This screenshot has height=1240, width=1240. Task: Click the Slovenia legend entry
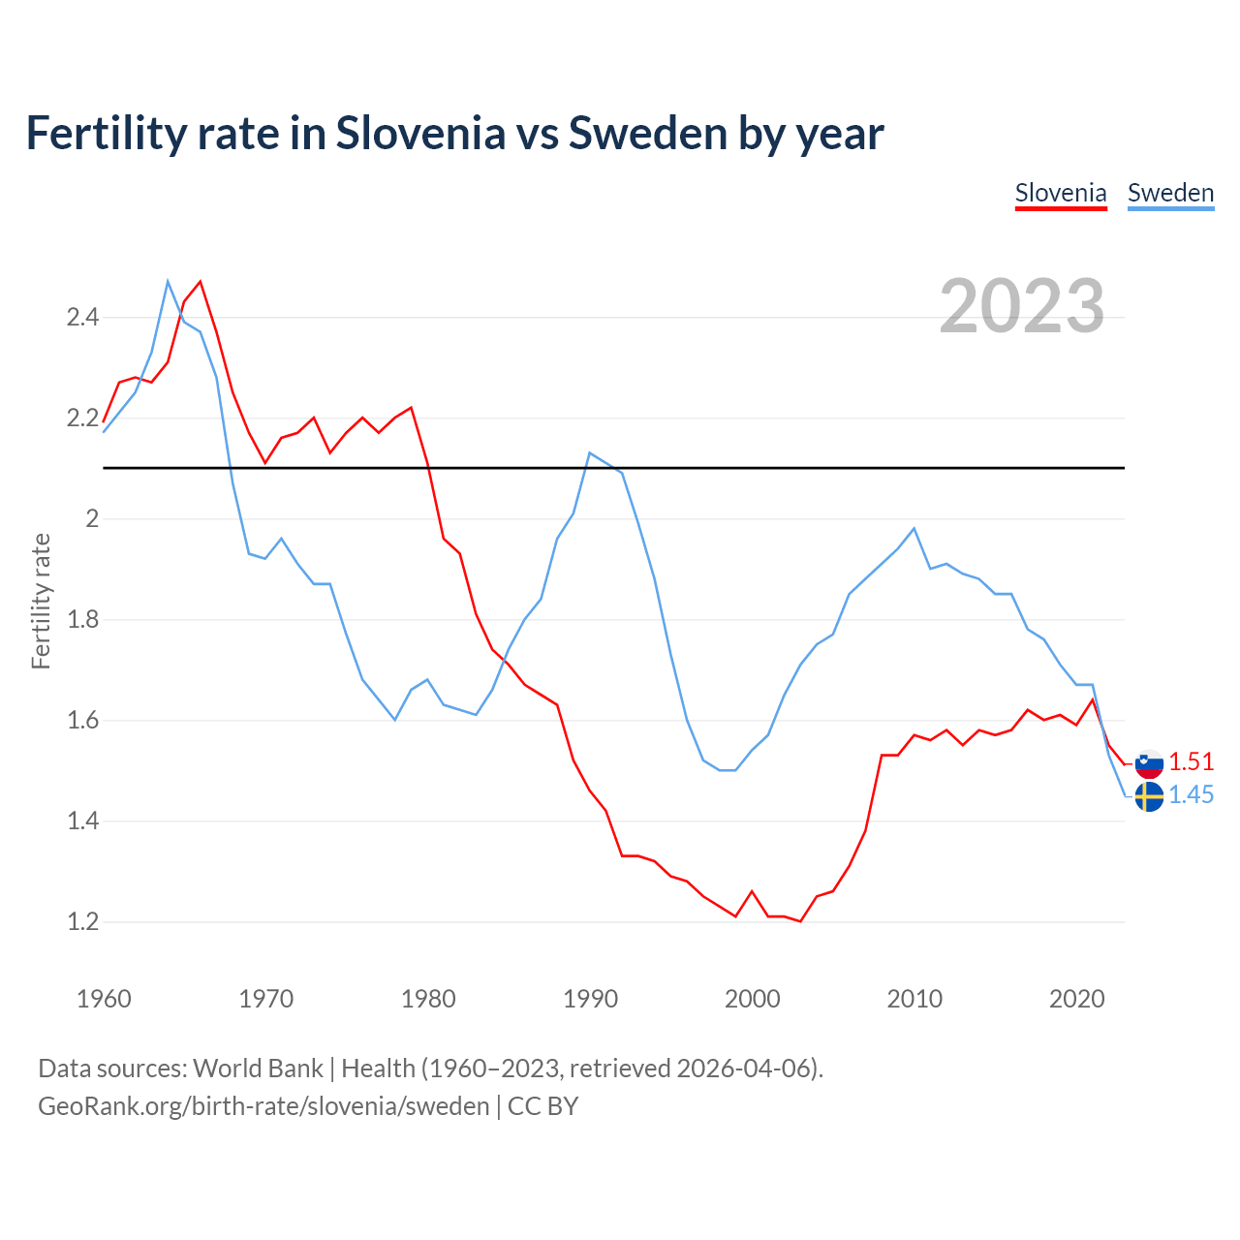click(x=1060, y=193)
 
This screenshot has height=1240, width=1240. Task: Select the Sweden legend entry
click(x=1170, y=193)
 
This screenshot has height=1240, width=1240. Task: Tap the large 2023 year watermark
click(x=1022, y=306)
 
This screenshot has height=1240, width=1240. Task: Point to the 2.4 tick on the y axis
click(x=82, y=317)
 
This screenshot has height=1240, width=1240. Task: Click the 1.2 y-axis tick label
click(x=82, y=921)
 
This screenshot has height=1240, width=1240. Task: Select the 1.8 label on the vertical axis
click(x=82, y=619)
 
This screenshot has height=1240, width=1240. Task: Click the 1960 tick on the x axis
click(x=104, y=999)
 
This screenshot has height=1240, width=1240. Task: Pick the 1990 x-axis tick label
click(x=590, y=999)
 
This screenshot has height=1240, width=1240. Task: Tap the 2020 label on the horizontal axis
click(x=1076, y=999)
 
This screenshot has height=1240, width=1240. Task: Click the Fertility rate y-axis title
click(x=41, y=601)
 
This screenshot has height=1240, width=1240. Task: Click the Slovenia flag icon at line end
click(x=1149, y=763)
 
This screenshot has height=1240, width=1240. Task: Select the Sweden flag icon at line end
click(x=1149, y=797)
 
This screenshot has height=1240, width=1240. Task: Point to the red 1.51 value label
click(x=1191, y=761)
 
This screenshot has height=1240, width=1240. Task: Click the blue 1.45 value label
click(x=1191, y=794)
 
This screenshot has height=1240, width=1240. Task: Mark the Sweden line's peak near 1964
click(x=168, y=281)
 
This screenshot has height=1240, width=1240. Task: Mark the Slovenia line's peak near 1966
click(x=201, y=282)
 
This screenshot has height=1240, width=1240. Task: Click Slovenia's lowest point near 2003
click(x=800, y=921)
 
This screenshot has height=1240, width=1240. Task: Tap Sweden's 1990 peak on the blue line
click(x=589, y=452)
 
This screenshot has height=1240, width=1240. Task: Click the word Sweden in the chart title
click(x=649, y=133)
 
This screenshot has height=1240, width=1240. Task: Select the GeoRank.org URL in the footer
click(x=263, y=1106)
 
